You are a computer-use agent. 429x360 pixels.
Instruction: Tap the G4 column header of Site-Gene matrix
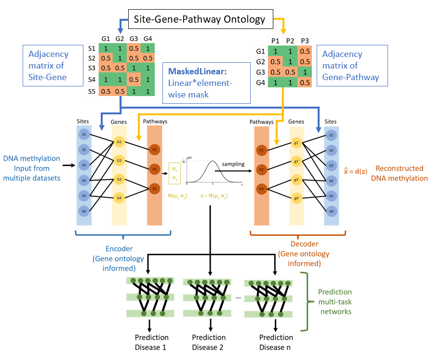pyautogui.click(x=147, y=38)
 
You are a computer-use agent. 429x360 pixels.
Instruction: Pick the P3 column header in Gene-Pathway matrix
pyautogui.click(x=304, y=41)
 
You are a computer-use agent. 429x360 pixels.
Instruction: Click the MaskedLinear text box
pyautogui.click(x=207, y=83)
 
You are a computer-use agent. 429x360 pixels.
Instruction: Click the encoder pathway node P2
pyautogui.click(x=154, y=169)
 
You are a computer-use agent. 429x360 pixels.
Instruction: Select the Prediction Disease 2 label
pyautogui.click(x=210, y=342)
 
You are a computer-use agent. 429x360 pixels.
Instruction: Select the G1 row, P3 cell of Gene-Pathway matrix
pyautogui.click(x=304, y=51)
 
